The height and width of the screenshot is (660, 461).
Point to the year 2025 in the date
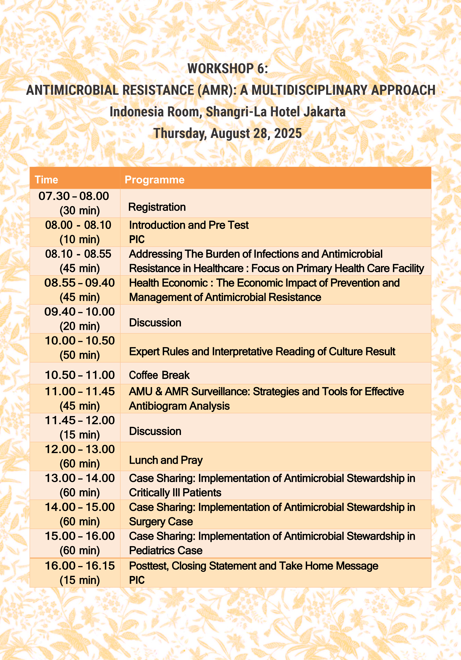pos(288,133)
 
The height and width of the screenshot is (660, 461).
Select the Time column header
pos(46,180)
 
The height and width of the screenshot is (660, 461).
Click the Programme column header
pos(155,180)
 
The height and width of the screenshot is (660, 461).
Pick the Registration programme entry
pos(157,207)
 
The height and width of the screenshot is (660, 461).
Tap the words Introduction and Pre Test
pos(189,225)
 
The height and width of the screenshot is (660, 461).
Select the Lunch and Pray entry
pos(166,460)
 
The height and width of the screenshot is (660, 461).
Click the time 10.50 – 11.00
pos(80,375)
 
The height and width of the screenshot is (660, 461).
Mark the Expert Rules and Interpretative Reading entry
pos(262,351)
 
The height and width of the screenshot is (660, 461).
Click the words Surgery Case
pos(161,522)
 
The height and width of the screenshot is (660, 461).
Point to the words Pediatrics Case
pos(166,550)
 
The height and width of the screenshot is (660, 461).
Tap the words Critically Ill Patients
pos(175,493)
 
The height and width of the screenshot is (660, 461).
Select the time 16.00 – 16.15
pos(80,566)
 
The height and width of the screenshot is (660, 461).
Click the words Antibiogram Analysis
pos(179,406)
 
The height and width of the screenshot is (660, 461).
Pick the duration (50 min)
pos(80,355)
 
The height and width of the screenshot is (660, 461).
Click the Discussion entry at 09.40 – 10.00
pos(155,323)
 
